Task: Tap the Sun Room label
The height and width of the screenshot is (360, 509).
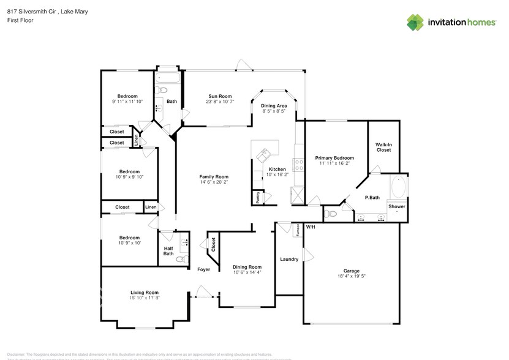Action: (220, 96)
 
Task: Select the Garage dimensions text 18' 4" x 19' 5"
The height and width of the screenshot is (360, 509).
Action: (351, 277)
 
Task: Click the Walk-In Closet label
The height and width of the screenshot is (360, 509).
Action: (383, 147)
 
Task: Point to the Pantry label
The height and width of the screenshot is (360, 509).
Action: (258, 197)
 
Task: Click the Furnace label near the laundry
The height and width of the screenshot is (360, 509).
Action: (298, 230)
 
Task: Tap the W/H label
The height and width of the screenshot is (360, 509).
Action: (311, 228)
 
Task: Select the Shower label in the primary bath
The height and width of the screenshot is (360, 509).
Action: (396, 206)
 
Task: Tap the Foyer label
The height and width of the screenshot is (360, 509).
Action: (203, 269)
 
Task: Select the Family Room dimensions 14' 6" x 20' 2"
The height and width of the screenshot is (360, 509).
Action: (213, 182)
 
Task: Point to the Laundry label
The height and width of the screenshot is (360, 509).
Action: (289, 259)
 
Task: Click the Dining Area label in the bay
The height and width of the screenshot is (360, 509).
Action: (274, 106)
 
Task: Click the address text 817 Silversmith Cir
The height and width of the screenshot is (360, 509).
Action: (28, 11)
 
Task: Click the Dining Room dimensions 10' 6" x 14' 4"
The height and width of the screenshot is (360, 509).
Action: (247, 272)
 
